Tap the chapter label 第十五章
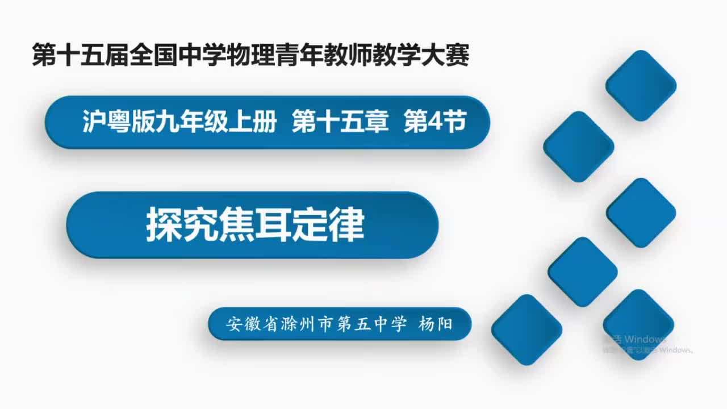click(x=340, y=122)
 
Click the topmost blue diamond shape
click(x=641, y=85)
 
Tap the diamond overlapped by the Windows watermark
click(x=638, y=324)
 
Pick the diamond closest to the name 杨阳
click(x=527, y=329)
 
